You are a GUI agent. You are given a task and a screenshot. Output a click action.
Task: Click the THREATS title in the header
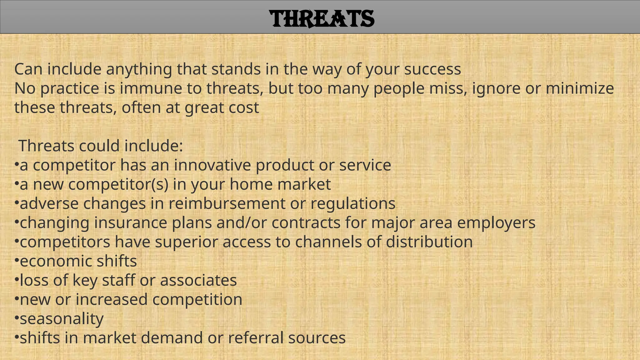click(322, 19)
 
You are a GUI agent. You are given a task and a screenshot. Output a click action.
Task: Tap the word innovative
click(212, 165)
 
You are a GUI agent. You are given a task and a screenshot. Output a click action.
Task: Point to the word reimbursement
click(227, 203)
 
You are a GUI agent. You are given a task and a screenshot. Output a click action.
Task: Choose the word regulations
click(353, 204)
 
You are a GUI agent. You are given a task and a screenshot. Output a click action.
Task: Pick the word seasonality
click(62, 319)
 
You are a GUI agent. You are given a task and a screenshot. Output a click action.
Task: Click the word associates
click(198, 280)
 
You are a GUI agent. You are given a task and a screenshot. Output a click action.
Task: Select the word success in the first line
click(432, 69)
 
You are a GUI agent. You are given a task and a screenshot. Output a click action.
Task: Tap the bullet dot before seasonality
click(17, 318)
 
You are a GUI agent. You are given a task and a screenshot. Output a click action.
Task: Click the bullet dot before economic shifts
click(17, 260)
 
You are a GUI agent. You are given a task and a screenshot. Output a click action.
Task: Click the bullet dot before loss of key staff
click(17, 279)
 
